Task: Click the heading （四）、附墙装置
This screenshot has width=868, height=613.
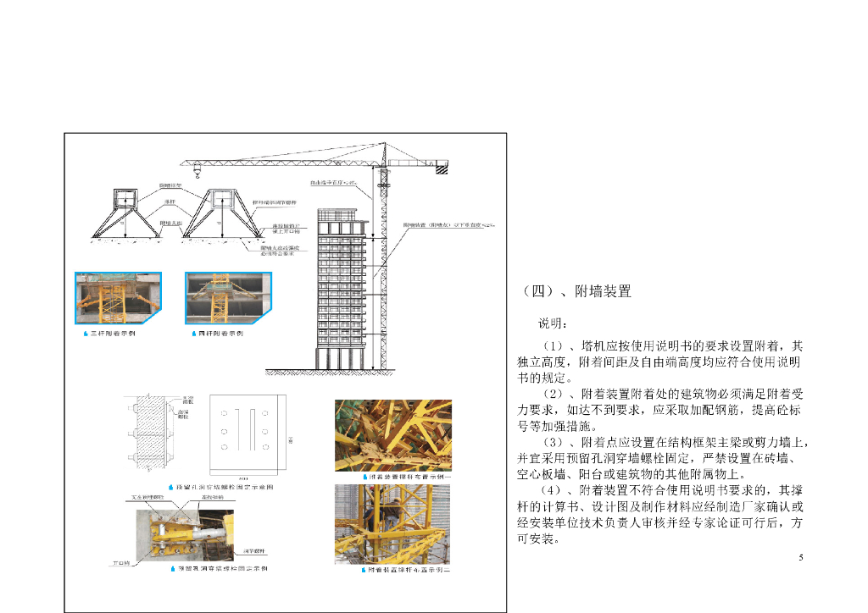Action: (x=576, y=292)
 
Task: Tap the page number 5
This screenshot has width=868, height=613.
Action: (x=801, y=557)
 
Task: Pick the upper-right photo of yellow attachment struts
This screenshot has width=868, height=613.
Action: (x=392, y=435)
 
